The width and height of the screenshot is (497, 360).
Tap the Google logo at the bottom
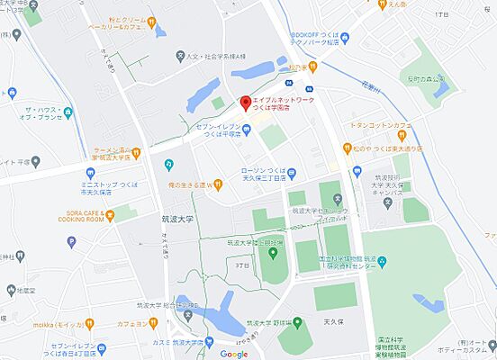tap(234, 353)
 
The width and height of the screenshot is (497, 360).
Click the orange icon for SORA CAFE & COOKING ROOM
tap(110, 214)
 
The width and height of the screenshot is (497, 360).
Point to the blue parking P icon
tap(71, 241)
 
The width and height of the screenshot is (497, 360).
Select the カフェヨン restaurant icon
tap(154, 323)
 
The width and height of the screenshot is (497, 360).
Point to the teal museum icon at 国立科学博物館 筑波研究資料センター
tap(380, 261)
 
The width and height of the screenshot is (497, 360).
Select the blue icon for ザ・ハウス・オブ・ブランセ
tap(13, 93)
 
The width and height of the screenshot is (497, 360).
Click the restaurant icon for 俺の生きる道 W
tap(218, 185)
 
